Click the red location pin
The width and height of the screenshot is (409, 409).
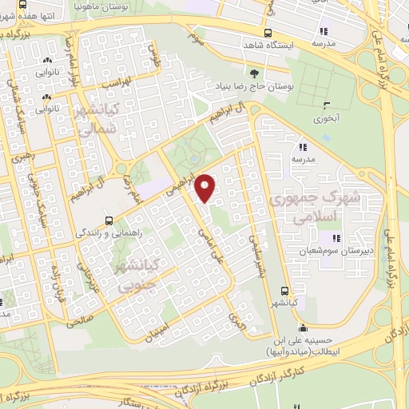[x=206, y=187]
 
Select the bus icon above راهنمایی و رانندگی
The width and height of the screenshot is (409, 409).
[x=109, y=220]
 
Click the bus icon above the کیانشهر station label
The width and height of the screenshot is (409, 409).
[x=285, y=292]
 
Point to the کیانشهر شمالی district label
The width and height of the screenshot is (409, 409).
[x=97, y=117]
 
